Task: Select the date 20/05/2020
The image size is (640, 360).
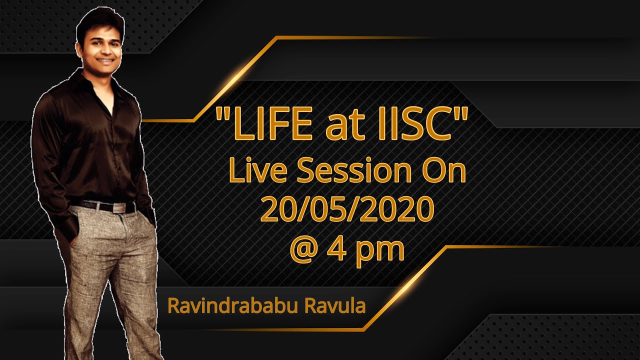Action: pyautogui.click(x=346, y=210)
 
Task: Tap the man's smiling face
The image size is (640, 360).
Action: pyautogui.click(x=103, y=47)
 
